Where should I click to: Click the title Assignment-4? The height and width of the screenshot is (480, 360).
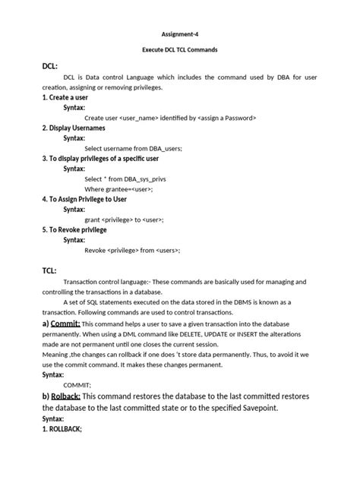point(179,34)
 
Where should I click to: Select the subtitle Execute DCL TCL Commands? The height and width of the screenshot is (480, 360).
point(179,49)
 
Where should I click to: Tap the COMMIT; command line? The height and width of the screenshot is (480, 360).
point(98,385)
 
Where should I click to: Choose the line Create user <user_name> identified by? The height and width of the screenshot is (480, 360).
point(170,118)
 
